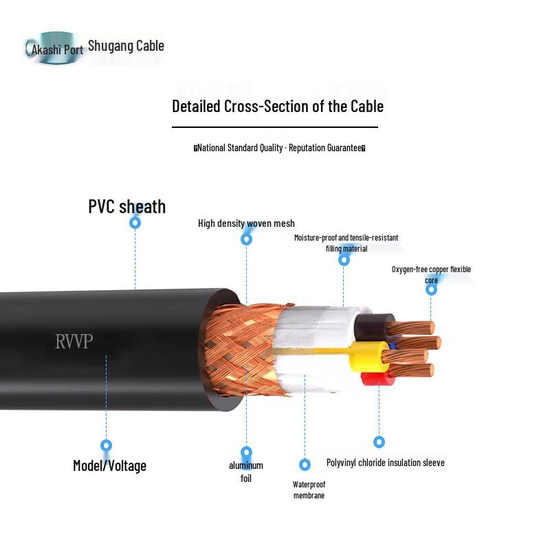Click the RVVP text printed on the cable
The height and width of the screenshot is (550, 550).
pyautogui.click(x=74, y=341)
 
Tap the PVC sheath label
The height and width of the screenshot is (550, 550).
pyautogui.click(x=126, y=206)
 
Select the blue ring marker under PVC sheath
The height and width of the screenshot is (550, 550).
pyautogui.click(x=135, y=222)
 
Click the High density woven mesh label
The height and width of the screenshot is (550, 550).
pyautogui.click(x=246, y=223)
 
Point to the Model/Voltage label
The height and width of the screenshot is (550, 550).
pyautogui.click(x=109, y=466)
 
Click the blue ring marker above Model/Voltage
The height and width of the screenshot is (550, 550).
pyautogui.click(x=107, y=445)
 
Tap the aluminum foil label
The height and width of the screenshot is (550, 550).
pyautogui.click(x=246, y=472)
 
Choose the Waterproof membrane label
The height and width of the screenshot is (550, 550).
pyautogui.click(x=309, y=490)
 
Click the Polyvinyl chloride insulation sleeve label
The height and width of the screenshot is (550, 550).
pyautogui.click(x=386, y=463)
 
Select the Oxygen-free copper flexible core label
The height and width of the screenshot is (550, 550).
pyautogui.click(x=431, y=274)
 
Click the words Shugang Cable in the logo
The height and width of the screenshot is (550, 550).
pyautogui.click(x=126, y=46)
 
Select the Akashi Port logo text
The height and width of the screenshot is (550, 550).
pyautogui.click(x=57, y=49)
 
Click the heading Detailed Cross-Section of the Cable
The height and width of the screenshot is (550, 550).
pyautogui.click(x=278, y=107)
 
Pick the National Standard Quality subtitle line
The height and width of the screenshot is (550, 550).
pyautogui.click(x=280, y=148)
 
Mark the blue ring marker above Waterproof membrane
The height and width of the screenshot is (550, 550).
pyautogui.click(x=305, y=465)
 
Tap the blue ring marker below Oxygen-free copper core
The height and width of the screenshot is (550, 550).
pyautogui.click(x=431, y=289)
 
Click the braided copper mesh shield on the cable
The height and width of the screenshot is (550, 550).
pyautogui.click(x=242, y=349)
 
